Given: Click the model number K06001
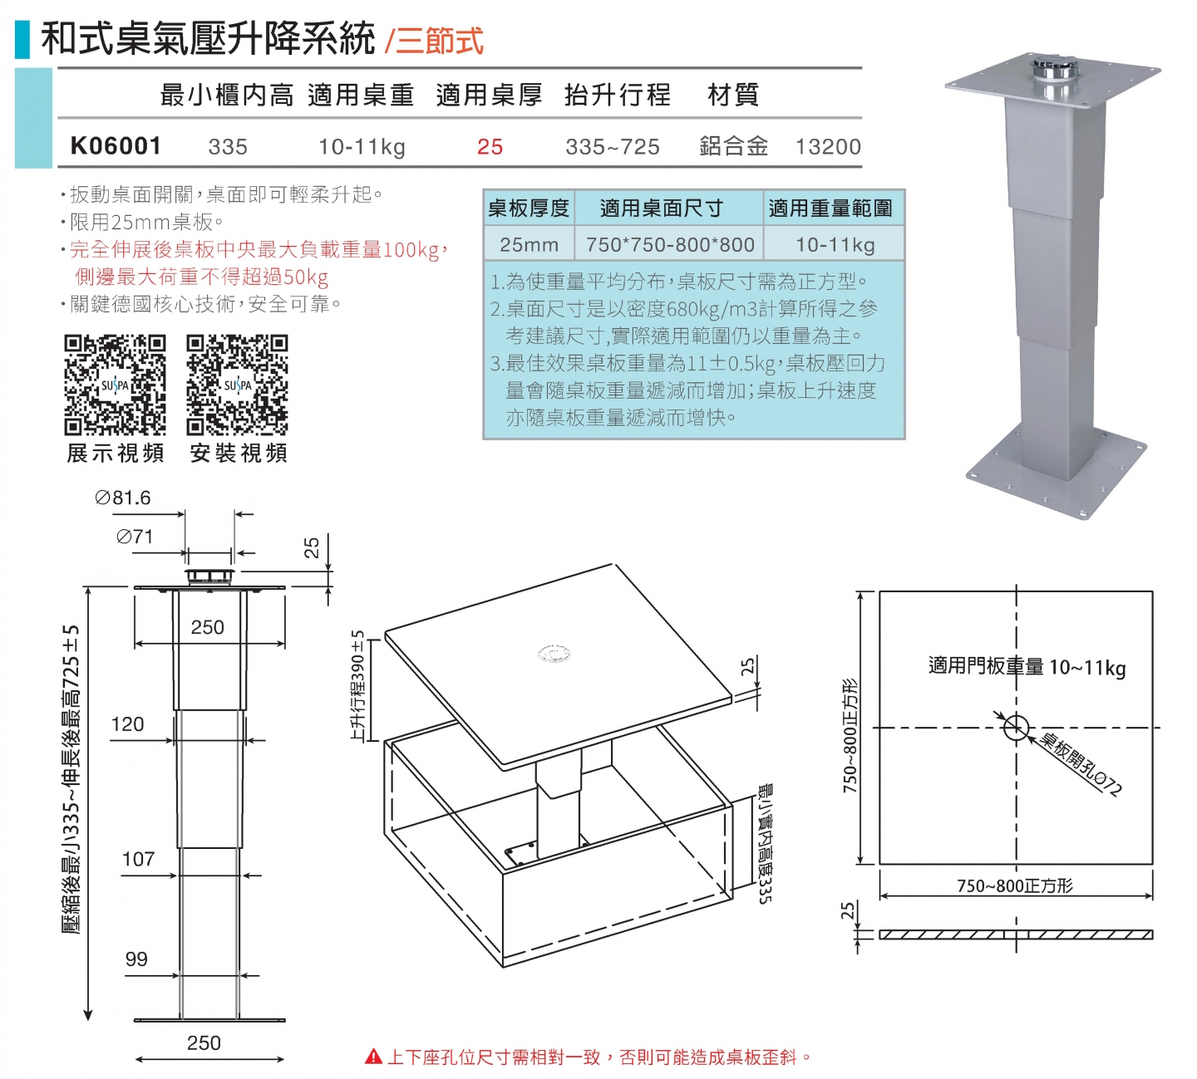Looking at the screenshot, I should [x=116, y=146].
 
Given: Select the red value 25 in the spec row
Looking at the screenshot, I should [x=490, y=147].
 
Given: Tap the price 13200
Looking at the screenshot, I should [x=828, y=147].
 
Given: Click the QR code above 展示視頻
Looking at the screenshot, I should [x=115, y=385].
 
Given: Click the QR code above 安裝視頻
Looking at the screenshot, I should [x=237, y=385].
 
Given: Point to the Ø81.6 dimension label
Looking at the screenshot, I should [x=123, y=498].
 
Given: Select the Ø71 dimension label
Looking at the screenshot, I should [x=135, y=537].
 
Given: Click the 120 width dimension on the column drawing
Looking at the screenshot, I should [x=127, y=724].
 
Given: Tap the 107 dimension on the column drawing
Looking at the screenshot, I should [x=138, y=859].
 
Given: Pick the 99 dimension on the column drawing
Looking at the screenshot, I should [x=136, y=959].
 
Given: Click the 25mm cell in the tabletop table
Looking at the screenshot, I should [x=529, y=245].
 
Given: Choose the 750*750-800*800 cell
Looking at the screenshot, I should [x=670, y=245].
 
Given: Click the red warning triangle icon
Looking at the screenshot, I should [x=373, y=1057].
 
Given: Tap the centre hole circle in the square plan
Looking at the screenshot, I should [x=1015, y=728].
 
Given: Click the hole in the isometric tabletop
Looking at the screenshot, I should [x=554, y=655].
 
